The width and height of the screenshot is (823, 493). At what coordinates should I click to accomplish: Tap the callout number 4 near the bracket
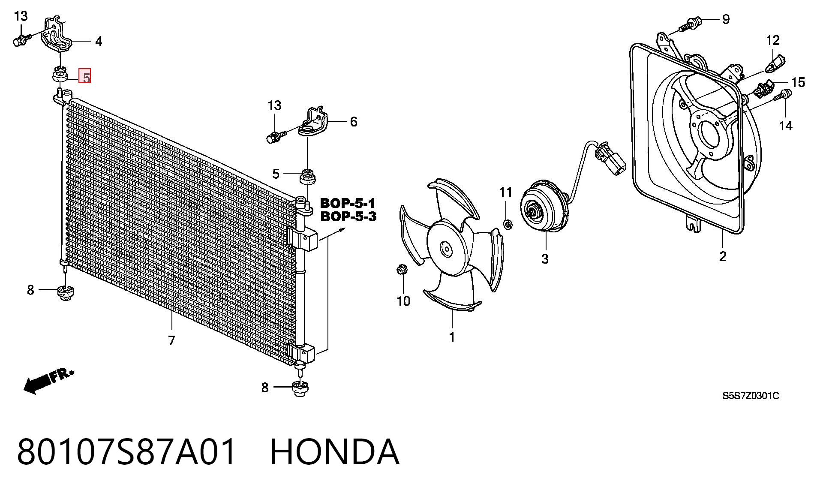click(99, 42)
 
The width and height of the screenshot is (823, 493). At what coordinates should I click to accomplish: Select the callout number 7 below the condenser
click(171, 340)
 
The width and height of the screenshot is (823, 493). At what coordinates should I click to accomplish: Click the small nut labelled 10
click(402, 271)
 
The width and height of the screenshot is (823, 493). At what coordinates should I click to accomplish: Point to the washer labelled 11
click(508, 224)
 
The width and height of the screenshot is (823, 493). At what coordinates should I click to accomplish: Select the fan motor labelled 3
click(544, 206)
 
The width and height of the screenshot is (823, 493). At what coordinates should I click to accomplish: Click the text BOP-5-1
click(348, 203)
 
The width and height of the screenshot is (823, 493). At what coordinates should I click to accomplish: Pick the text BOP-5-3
click(348, 216)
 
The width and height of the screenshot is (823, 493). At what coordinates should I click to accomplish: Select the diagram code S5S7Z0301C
click(751, 396)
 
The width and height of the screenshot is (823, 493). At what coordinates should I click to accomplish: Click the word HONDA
click(335, 452)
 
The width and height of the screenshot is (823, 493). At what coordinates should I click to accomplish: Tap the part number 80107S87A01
click(126, 452)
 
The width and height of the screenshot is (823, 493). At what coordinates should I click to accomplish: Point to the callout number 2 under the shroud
click(723, 257)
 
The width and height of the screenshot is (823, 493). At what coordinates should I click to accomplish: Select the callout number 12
click(773, 41)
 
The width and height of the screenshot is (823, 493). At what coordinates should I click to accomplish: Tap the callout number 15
click(798, 82)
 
